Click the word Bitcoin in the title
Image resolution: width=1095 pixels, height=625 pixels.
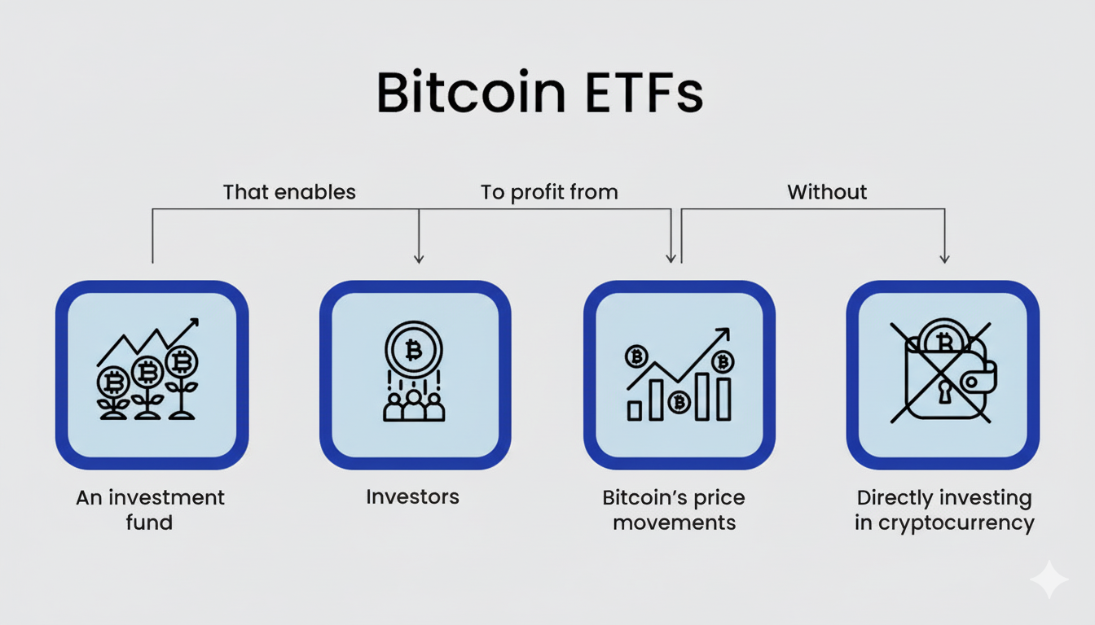[x=471, y=92]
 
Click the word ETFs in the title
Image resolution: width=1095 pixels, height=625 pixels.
[x=644, y=93]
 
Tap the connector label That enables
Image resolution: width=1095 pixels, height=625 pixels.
[x=289, y=192]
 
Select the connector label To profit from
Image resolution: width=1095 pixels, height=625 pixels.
[x=549, y=192]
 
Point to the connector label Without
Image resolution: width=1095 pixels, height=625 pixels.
[x=827, y=192]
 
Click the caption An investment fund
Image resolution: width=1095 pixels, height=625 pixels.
[x=150, y=509]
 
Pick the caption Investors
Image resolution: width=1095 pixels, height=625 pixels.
[x=412, y=497]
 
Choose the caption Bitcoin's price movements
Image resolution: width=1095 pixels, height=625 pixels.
[x=674, y=510]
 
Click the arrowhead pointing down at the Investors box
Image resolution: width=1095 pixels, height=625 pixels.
[x=419, y=258]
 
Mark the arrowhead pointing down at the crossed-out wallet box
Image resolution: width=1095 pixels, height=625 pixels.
[x=944, y=258]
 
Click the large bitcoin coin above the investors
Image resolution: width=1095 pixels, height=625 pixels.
[x=414, y=350]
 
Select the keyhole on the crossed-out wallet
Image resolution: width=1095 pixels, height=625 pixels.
[x=943, y=392]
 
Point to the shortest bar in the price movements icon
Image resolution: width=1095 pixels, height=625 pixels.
[x=635, y=411]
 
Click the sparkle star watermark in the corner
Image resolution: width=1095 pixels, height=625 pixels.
[x=1049, y=579]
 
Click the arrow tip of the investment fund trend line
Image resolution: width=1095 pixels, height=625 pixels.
[x=197, y=320]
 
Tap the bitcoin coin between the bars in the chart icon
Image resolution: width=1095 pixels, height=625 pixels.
[x=679, y=403]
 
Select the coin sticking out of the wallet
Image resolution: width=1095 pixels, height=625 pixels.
[x=944, y=336]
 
